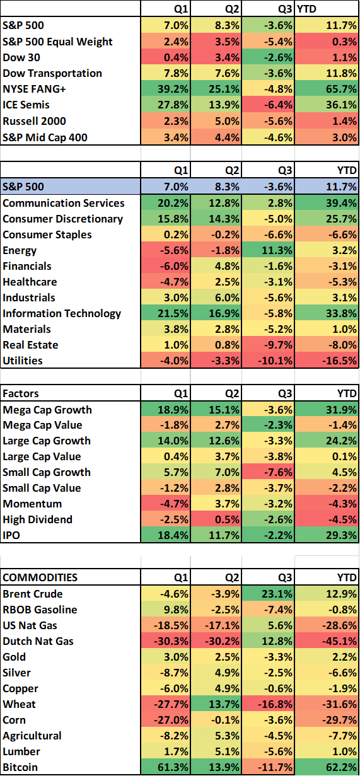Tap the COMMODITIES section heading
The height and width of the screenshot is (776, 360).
point(40,577)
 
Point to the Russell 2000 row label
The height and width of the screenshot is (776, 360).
point(34,120)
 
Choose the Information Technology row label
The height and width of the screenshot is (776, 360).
point(62,313)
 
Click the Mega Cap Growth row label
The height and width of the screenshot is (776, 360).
point(47,410)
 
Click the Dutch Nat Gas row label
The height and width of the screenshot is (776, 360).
point(38,641)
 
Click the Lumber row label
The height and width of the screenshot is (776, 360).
point(21,751)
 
